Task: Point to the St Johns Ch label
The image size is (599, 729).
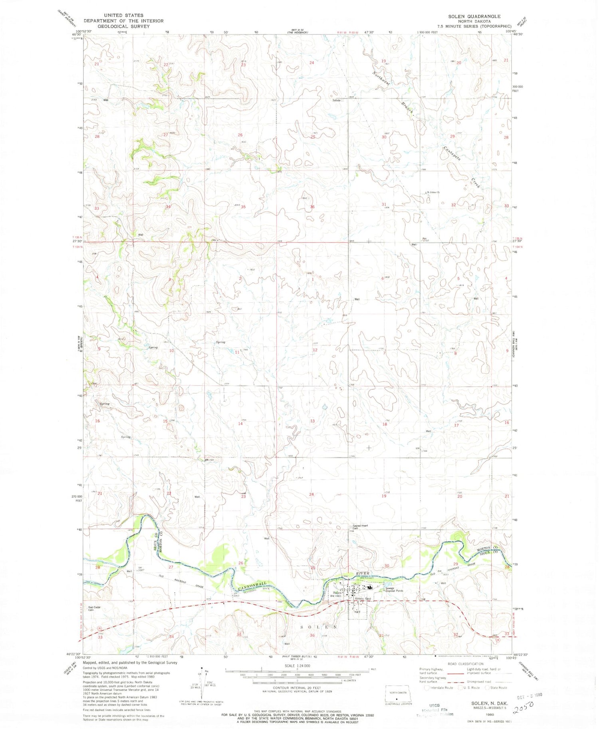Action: (433, 192)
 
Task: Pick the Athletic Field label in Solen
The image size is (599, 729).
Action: (363, 598)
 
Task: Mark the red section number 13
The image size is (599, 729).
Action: (312, 421)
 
